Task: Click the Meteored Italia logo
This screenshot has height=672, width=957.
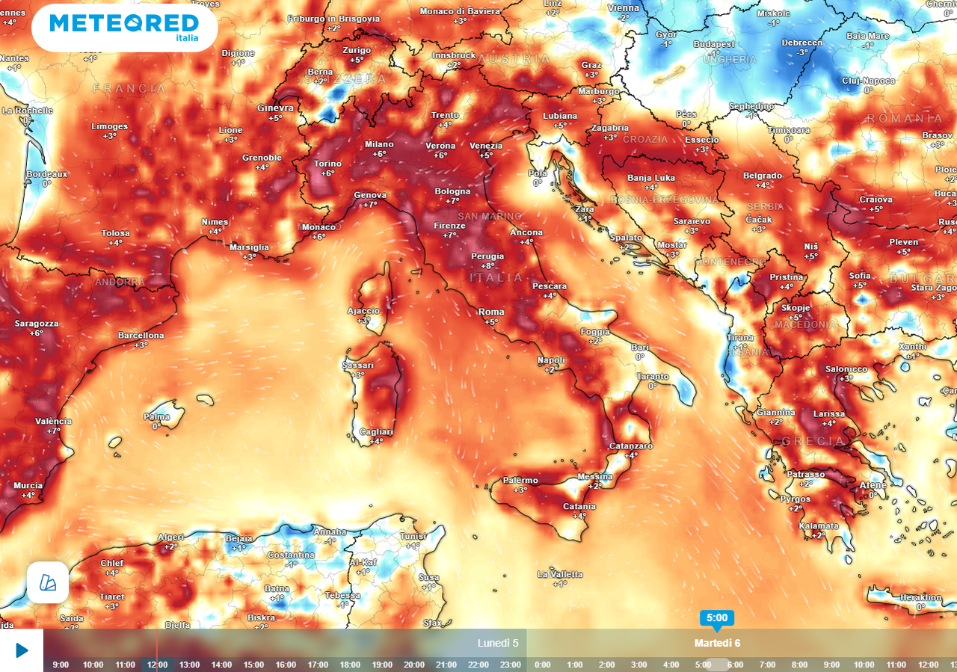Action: click(x=124, y=27)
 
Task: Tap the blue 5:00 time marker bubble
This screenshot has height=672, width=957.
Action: click(x=716, y=617)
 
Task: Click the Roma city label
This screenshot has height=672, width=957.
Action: click(x=491, y=312)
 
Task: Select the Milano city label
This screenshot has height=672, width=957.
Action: click(x=379, y=144)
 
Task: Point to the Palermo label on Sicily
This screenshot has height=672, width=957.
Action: click(x=520, y=480)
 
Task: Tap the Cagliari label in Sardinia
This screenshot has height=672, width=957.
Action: click(x=376, y=432)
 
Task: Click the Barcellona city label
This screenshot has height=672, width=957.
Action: click(x=141, y=336)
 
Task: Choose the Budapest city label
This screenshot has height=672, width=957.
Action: click(x=714, y=44)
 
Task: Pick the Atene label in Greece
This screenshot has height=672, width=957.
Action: click(x=873, y=485)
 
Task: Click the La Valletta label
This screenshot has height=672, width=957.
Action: click(x=560, y=574)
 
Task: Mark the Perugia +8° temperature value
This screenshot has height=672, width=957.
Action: click(x=487, y=266)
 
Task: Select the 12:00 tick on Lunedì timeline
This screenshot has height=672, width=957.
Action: click(x=157, y=665)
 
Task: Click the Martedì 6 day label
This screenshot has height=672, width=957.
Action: click(x=717, y=643)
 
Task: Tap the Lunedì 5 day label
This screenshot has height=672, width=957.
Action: click(x=498, y=643)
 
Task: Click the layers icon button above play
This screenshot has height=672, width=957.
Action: click(x=48, y=582)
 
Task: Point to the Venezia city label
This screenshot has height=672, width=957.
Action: click(x=486, y=146)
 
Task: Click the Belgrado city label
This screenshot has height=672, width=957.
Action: click(x=763, y=176)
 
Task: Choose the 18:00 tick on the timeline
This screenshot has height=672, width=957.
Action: click(x=350, y=665)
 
